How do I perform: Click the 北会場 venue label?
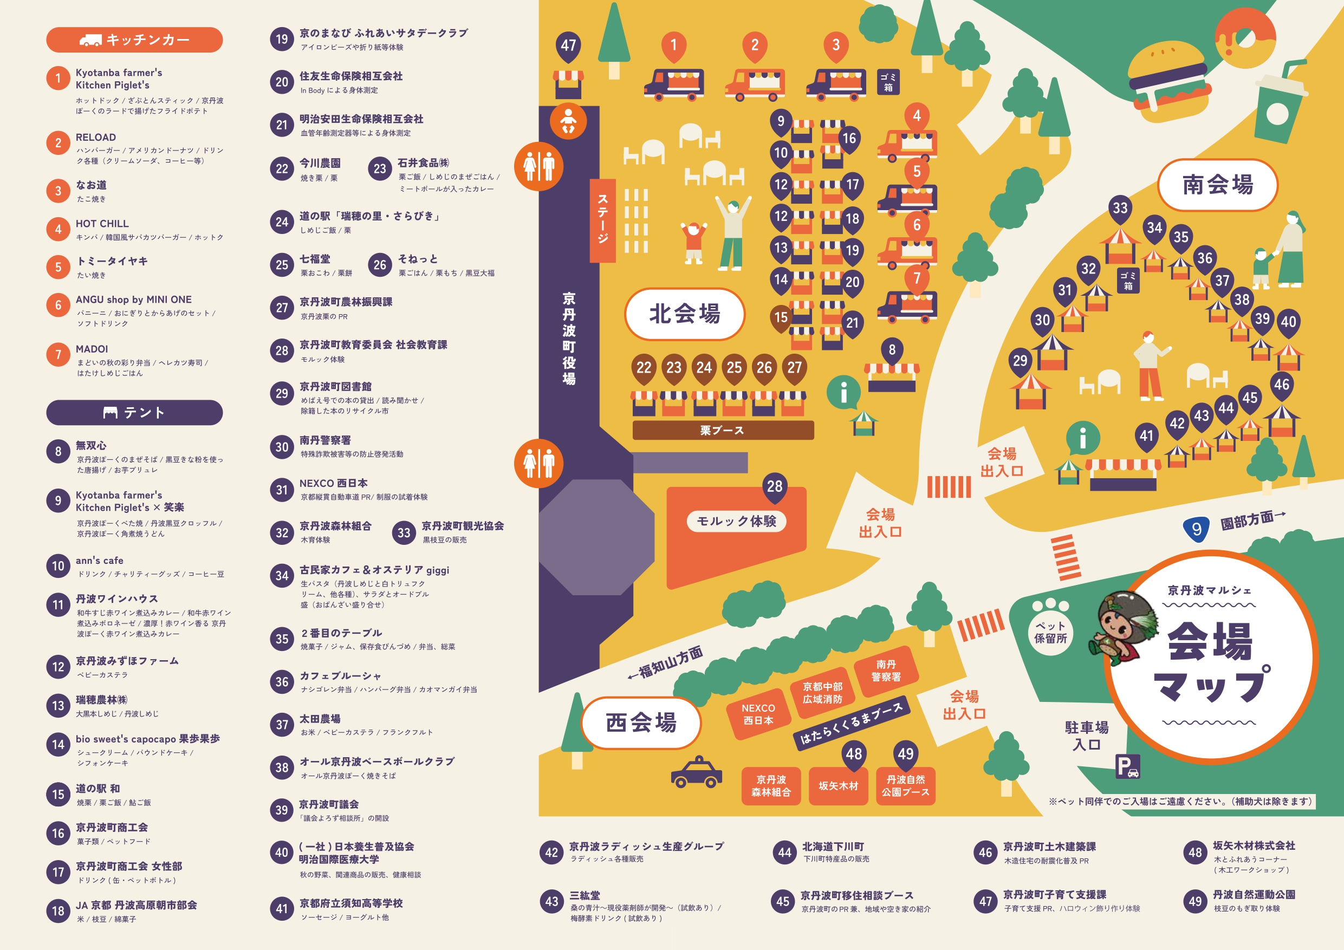(x=684, y=314)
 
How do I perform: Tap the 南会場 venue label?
(x=1217, y=184)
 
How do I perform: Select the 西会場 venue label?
(x=641, y=723)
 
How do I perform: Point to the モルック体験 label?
(x=736, y=521)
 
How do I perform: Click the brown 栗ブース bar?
(x=722, y=430)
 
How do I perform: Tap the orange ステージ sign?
(x=602, y=219)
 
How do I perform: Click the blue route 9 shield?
(x=1197, y=529)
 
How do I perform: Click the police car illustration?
(x=696, y=773)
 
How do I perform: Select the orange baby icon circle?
(x=568, y=121)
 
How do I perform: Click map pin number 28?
(x=775, y=486)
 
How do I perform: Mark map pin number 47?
(x=568, y=45)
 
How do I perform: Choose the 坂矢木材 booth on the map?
(x=838, y=785)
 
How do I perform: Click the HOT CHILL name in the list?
(x=102, y=224)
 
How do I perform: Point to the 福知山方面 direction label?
(x=667, y=662)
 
